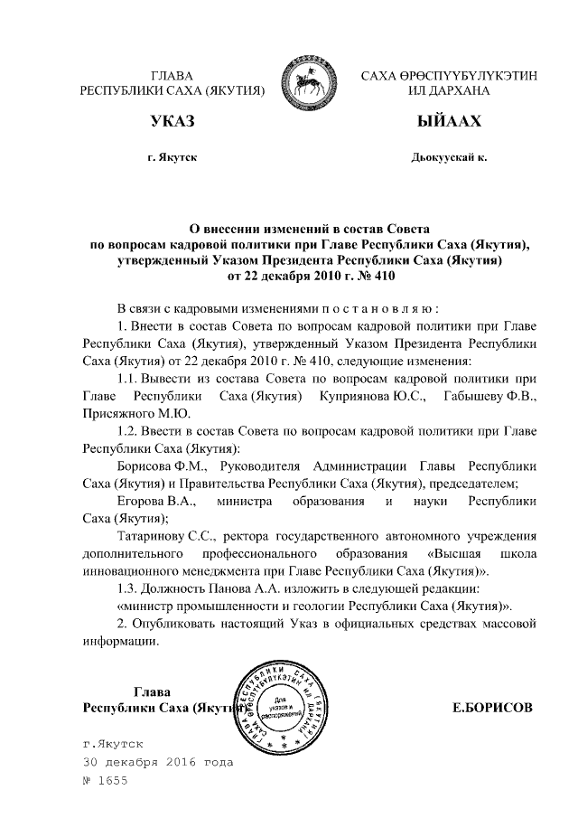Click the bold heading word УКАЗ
coord(172,122)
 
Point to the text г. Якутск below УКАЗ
coord(172,158)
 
